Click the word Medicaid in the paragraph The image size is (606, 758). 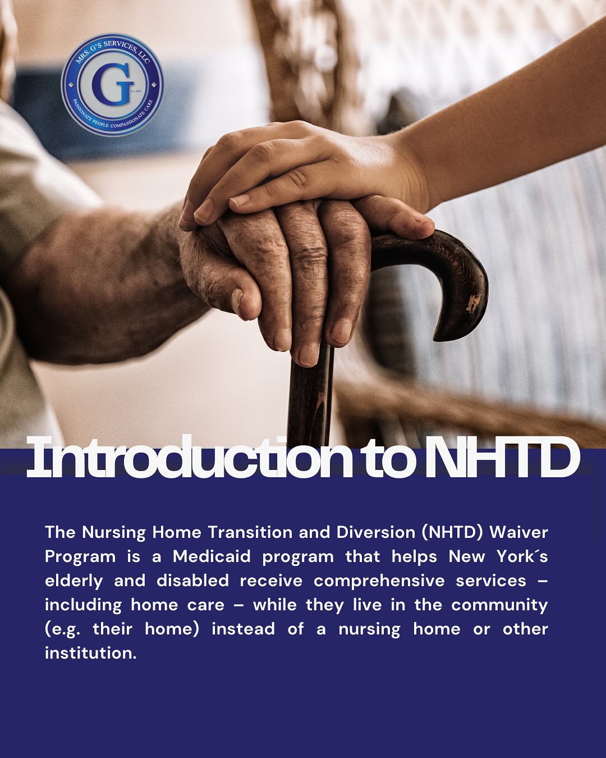(212, 556)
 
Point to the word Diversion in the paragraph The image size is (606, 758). (376, 532)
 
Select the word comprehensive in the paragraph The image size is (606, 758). (379, 581)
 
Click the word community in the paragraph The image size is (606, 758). (499, 605)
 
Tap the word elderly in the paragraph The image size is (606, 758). (74, 581)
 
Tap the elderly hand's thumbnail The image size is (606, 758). (237, 300)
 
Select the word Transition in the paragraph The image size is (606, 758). (250, 532)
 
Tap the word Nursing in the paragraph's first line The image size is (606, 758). (114, 533)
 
